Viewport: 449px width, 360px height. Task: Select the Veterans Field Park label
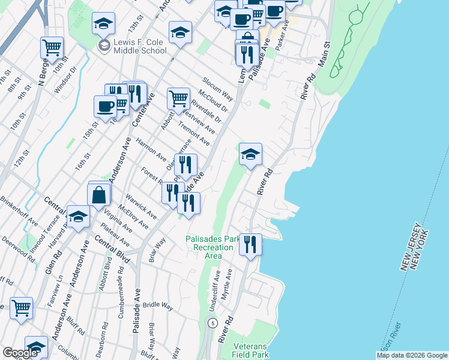(x=251, y=350)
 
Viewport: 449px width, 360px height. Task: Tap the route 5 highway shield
(x=212, y=323)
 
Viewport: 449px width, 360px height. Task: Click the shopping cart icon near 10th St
(x=52, y=46)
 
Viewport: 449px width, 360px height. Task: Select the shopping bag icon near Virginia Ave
(x=99, y=194)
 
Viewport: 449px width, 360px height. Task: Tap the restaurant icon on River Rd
(x=250, y=244)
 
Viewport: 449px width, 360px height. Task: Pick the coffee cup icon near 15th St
(x=105, y=106)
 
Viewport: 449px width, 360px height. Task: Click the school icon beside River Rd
(x=250, y=155)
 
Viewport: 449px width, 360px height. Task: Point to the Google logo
(x=20, y=353)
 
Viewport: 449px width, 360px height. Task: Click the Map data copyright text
(x=412, y=355)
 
